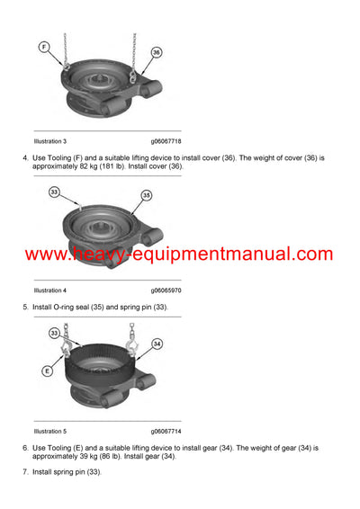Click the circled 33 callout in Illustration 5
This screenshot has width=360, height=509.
pyautogui.click(x=54, y=333)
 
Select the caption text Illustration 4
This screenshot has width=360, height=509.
pyautogui.click(x=49, y=290)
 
